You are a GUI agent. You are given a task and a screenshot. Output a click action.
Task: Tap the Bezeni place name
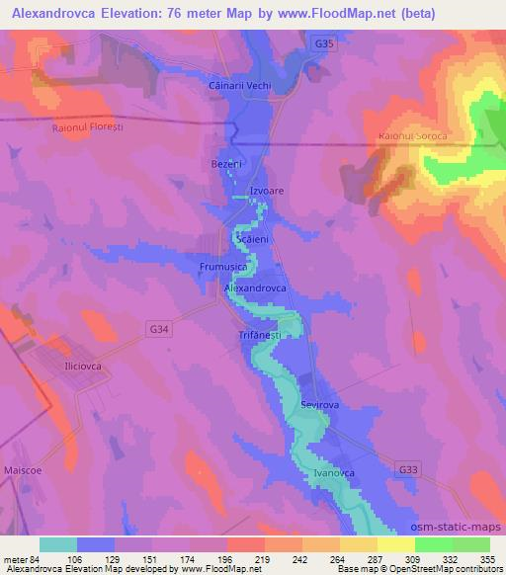click(x=227, y=163)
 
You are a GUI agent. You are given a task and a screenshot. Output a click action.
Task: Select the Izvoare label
click(x=268, y=190)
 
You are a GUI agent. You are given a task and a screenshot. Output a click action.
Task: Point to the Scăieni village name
click(x=252, y=239)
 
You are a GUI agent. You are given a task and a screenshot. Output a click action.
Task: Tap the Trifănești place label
click(x=260, y=335)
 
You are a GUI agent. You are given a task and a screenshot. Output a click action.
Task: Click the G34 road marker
click(x=160, y=327)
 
